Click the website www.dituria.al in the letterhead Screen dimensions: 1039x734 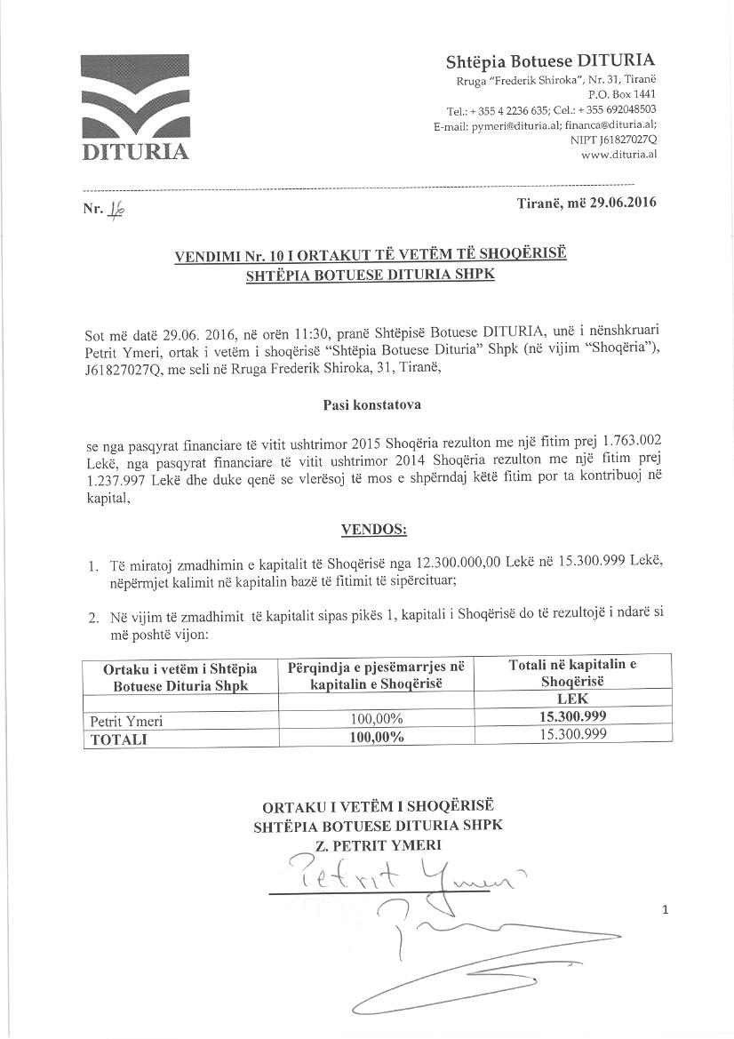click(618, 154)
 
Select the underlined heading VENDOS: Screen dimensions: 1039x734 click(373, 531)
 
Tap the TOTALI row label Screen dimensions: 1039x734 click(116, 738)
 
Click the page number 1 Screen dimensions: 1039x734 click(664, 908)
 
